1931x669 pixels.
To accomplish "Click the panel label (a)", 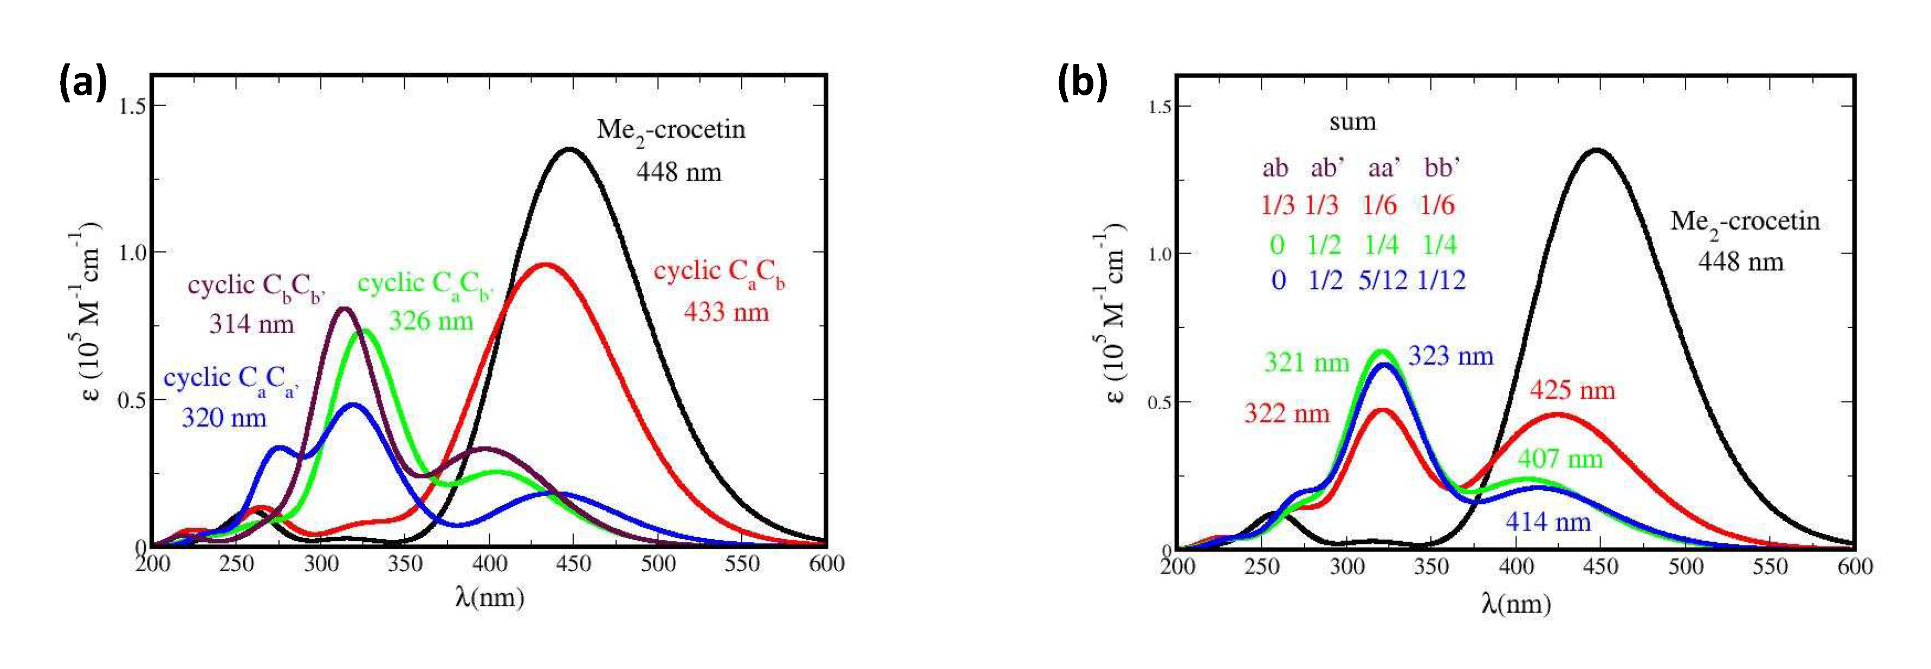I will (x=82, y=82).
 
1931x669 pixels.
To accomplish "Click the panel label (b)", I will (x=1081, y=82).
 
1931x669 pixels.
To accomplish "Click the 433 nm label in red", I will (x=725, y=311).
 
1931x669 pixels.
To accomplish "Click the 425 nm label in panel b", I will (x=1572, y=391).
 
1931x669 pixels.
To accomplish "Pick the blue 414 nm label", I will (x=1548, y=522).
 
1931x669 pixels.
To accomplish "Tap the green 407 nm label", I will (x=1560, y=458).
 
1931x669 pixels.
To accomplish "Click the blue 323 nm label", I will (x=1450, y=356).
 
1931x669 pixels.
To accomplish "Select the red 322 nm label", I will (x=1286, y=413).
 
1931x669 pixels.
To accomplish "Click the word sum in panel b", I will (x=1352, y=121).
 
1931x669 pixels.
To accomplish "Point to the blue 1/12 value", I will (x=1441, y=280).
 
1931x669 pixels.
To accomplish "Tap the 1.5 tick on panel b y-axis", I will (x=1159, y=106).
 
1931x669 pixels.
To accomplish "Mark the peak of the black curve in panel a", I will (x=569, y=149).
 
